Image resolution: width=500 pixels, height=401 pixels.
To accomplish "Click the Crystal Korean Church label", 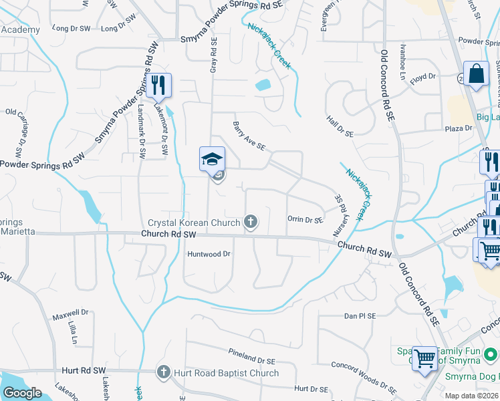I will tap(193, 223).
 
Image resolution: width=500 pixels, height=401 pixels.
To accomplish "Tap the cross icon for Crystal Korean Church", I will tap(251, 221).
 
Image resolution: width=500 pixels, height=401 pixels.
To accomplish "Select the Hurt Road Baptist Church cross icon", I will tap(164, 372).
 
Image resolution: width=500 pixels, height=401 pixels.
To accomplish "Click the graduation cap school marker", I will tap(212, 159).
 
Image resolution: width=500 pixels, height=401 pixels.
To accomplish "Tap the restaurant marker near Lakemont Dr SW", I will tap(158, 85).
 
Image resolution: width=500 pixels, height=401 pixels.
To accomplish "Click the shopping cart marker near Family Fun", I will tap(424, 358).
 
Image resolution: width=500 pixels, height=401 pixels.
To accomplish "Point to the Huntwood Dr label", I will tap(209, 254).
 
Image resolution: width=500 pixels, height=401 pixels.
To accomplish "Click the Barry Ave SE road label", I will tap(249, 136).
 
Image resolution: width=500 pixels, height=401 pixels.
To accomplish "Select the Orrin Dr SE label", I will tap(305, 219).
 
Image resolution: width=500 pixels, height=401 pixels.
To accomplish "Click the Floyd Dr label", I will tap(422, 78).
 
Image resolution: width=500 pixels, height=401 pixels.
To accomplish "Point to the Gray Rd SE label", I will tap(214, 55).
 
